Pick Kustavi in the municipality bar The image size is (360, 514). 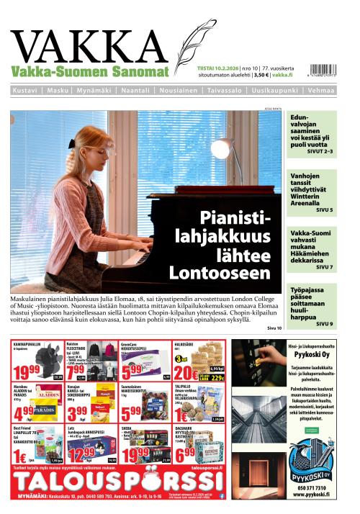(25, 91)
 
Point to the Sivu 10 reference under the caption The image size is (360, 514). (274, 328)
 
